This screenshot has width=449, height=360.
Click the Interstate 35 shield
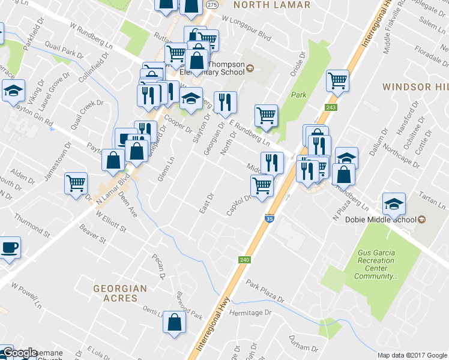coord(270,220)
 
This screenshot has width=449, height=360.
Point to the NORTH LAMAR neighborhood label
coord(271,5)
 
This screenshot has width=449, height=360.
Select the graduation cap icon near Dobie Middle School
coord(394,204)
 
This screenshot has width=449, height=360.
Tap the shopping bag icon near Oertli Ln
coord(173,322)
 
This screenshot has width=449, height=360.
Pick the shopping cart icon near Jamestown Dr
coord(76,183)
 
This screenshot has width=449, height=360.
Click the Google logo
coord(19,353)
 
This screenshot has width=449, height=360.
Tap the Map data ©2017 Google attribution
coord(412,355)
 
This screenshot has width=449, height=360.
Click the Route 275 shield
coord(211,4)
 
